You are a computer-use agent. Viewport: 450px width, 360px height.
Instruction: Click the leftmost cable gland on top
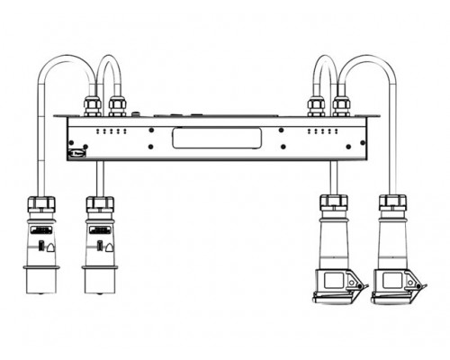(x=94, y=108)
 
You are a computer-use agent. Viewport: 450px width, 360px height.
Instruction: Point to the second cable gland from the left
(x=116, y=108)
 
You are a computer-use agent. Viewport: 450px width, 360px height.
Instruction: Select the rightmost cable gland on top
(x=340, y=108)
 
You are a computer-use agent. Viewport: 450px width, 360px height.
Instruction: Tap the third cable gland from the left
(x=317, y=108)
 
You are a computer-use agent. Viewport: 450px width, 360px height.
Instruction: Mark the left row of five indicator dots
(x=109, y=130)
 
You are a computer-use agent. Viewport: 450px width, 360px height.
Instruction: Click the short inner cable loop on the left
(x=108, y=61)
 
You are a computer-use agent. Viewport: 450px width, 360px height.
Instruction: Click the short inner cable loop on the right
(x=324, y=61)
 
